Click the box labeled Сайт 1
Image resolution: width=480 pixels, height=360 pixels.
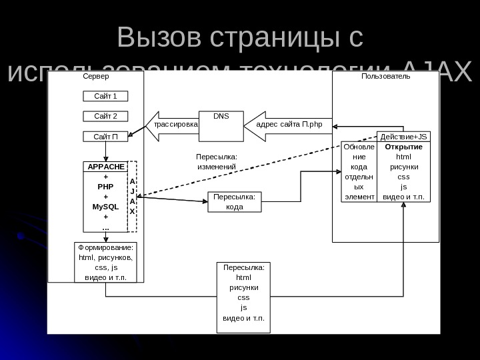105,96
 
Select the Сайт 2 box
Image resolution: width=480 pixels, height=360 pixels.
105,117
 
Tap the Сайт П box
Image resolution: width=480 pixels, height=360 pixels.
105,137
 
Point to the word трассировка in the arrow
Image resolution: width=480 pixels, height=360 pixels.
176,125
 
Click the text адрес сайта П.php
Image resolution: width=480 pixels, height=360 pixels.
289,125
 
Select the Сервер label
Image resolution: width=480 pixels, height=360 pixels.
96,77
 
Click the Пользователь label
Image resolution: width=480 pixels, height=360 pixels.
386,77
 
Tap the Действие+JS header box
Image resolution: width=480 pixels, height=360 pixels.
403,136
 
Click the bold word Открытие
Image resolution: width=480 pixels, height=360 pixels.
403,147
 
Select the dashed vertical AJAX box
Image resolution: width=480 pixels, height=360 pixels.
132,196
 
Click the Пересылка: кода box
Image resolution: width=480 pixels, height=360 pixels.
235,201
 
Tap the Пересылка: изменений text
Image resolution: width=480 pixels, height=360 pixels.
217,161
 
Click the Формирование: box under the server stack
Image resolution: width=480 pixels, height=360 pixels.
105,262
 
